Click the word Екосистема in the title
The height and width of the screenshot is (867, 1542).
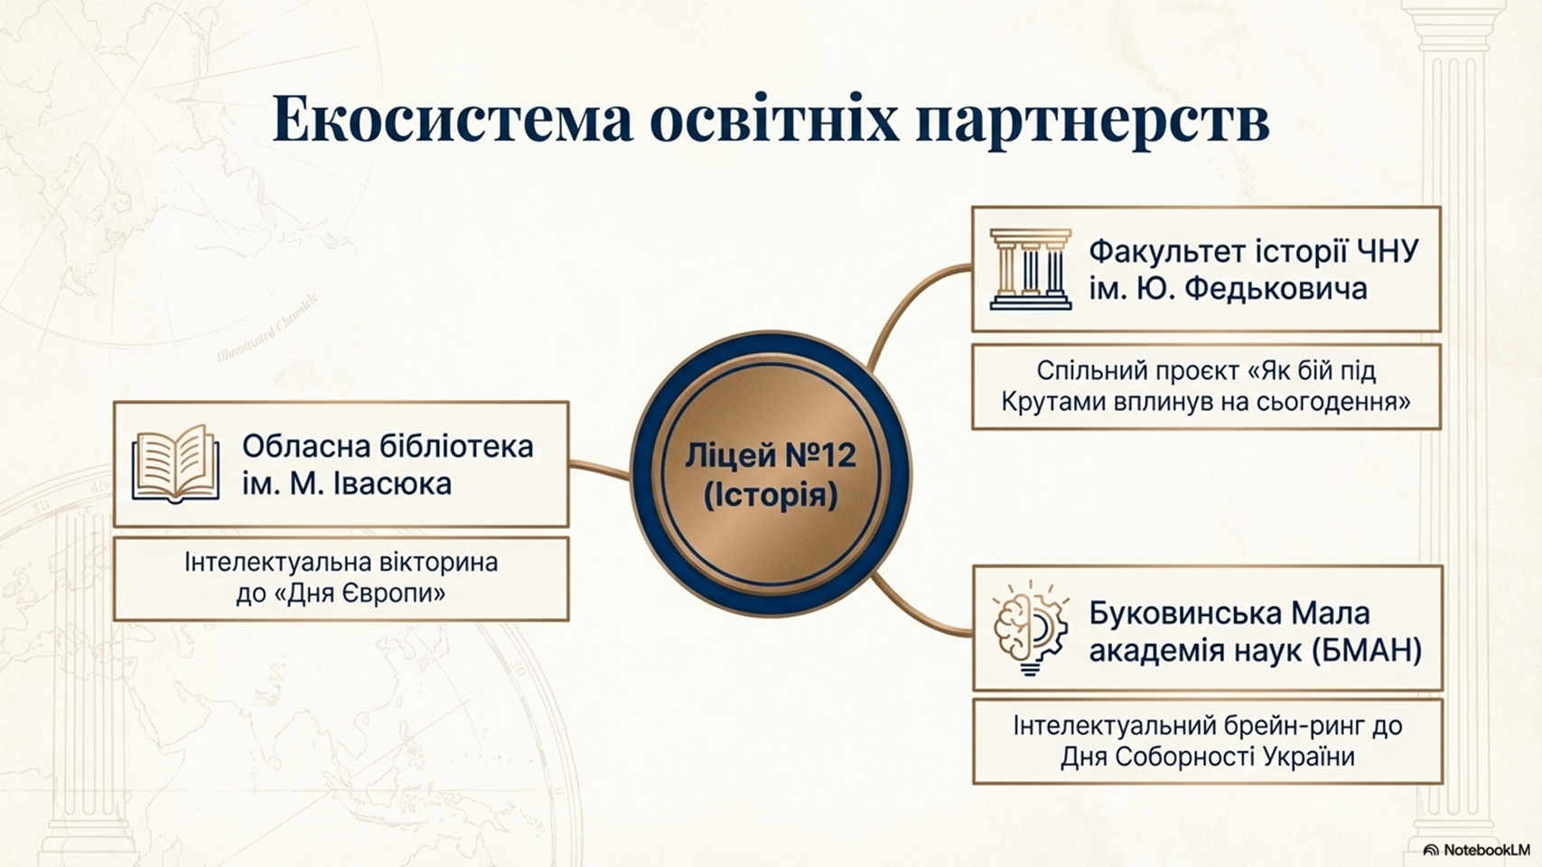point(453,119)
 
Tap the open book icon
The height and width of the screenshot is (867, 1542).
point(175,463)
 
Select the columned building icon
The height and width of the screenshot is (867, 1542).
point(1030,269)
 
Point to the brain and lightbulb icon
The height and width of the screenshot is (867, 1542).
point(1031,628)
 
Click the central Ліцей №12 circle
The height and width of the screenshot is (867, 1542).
point(771,474)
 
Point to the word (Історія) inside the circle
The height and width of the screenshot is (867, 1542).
point(771,496)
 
